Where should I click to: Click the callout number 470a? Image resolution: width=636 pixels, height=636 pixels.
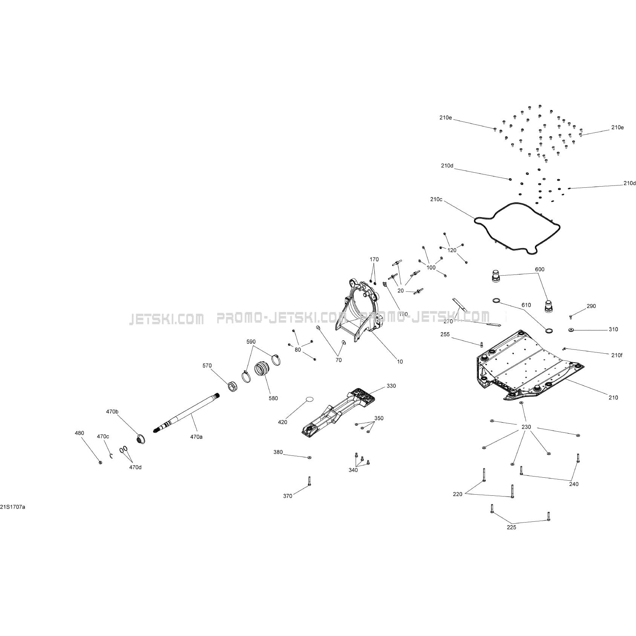[196, 437]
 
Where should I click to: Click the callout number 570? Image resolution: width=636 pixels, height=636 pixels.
[207, 366]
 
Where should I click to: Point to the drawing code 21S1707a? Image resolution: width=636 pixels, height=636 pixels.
[13, 507]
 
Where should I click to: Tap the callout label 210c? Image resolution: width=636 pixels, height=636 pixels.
[436, 199]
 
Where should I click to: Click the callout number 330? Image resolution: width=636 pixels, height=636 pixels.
[391, 386]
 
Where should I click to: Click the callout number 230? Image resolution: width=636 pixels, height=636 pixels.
[526, 427]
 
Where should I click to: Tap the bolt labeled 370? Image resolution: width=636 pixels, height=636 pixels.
[309, 481]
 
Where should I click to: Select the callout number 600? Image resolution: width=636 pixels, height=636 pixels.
[540, 270]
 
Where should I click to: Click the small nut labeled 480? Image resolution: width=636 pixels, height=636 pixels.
[100, 463]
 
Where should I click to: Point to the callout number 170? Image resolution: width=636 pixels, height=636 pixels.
[374, 259]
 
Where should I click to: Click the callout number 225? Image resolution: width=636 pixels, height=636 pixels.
[512, 527]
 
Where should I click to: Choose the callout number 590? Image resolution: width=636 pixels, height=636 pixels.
[251, 342]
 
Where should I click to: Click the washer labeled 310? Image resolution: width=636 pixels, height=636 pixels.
[572, 330]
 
